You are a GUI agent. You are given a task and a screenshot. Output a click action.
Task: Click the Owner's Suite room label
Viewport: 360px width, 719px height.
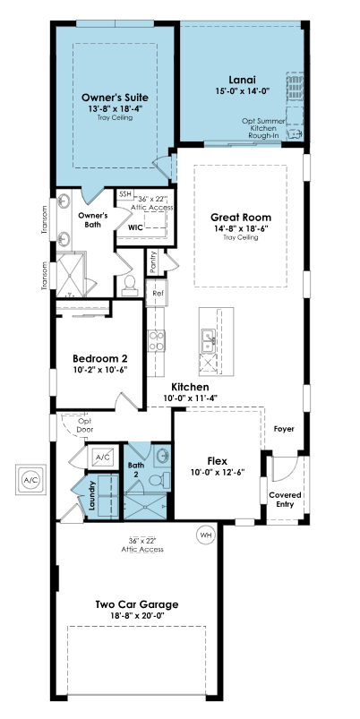(x=115, y=98)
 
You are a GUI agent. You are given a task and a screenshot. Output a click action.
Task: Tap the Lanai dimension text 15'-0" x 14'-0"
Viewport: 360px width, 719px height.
(x=242, y=90)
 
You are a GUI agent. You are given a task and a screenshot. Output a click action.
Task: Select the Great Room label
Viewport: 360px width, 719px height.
(x=241, y=218)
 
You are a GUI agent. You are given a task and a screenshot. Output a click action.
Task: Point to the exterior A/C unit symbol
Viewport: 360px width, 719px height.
(x=31, y=480)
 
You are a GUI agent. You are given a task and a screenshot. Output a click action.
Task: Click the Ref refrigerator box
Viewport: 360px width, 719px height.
(x=157, y=293)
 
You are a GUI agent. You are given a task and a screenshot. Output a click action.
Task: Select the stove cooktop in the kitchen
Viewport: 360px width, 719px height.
(x=157, y=341)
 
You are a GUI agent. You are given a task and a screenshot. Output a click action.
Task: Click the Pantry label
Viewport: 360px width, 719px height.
(x=153, y=262)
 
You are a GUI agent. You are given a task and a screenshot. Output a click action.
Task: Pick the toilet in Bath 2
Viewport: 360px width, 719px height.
(x=159, y=480)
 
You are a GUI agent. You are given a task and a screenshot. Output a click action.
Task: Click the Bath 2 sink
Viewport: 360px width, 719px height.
(x=162, y=457)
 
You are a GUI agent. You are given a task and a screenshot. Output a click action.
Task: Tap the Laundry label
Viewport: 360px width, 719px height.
(x=92, y=495)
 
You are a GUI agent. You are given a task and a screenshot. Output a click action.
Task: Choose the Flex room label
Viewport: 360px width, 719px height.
(x=218, y=461)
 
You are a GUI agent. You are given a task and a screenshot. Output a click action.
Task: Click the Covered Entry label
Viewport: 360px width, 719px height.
(x=285, y=500)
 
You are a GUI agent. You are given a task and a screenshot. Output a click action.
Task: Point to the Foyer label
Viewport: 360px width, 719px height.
(x=284, y=429)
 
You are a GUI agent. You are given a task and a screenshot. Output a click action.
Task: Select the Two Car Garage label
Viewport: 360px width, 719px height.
(x=137, y=604)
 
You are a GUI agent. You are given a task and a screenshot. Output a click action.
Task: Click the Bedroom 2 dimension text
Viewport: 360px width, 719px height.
(x=100, y=370)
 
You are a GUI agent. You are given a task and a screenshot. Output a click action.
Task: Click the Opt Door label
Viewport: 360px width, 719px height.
(x=85, y=425)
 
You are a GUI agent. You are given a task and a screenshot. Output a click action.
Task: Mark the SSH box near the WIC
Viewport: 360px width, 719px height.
(x=124, y=194)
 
